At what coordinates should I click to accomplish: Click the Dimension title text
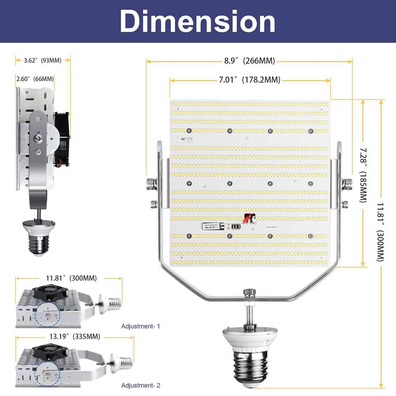click(x=198, y=21)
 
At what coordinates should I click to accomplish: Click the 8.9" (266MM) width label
click(x=250, y=61)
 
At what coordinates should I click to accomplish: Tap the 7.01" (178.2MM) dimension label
click(x=250, y=80)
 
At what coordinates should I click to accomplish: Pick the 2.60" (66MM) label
click(x=35, y=79)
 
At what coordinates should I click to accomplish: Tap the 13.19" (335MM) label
click(x=75, y=336)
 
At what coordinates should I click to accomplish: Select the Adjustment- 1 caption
click(x=141, y=326)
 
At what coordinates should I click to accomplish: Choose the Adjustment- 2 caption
click(x=141, y=385)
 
